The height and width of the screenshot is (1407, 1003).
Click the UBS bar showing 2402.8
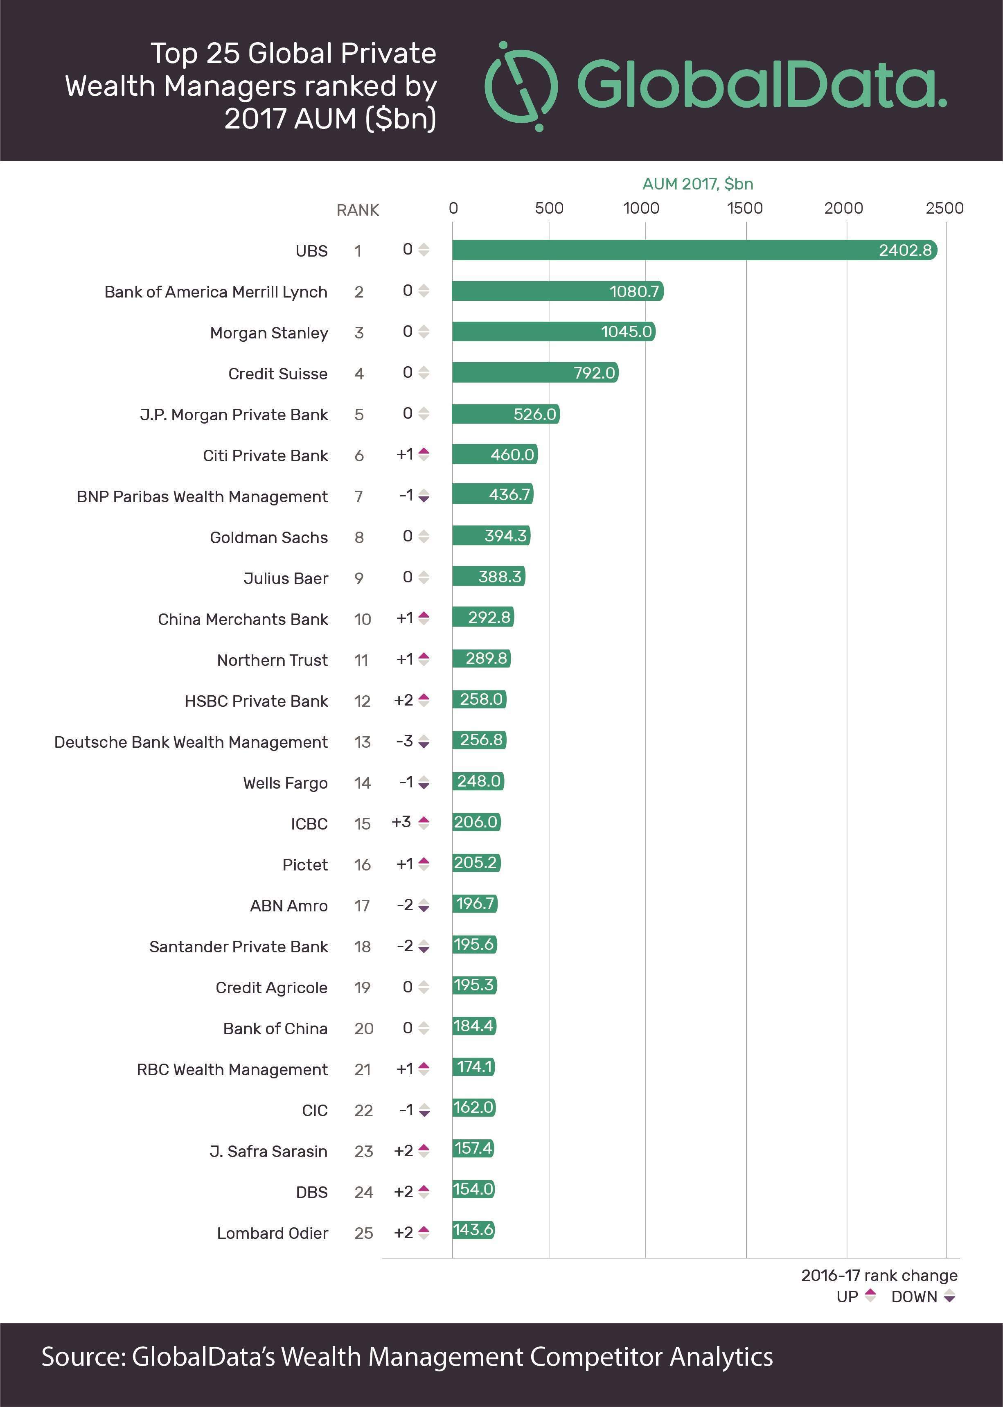point(694,250)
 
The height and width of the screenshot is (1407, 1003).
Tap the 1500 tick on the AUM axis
point(745,208)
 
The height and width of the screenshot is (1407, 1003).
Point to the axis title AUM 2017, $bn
point(697,184)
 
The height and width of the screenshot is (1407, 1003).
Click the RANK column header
point(358,211)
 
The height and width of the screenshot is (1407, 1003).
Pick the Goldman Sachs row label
point(269,537)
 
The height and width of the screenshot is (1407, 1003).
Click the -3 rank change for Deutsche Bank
point(405,741)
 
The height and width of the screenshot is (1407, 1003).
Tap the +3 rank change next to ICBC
point(401,822)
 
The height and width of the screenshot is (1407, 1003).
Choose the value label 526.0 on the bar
point(535,414)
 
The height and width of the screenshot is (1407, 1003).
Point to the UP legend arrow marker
point(870,1296)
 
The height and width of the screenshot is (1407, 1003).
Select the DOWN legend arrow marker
point(950,1296)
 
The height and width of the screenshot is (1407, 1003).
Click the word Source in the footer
point(83,1357)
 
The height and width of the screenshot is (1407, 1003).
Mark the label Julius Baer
point(285,578)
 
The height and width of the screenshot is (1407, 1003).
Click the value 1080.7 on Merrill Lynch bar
point(634,291)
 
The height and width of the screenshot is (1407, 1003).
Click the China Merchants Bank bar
point(483,617)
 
